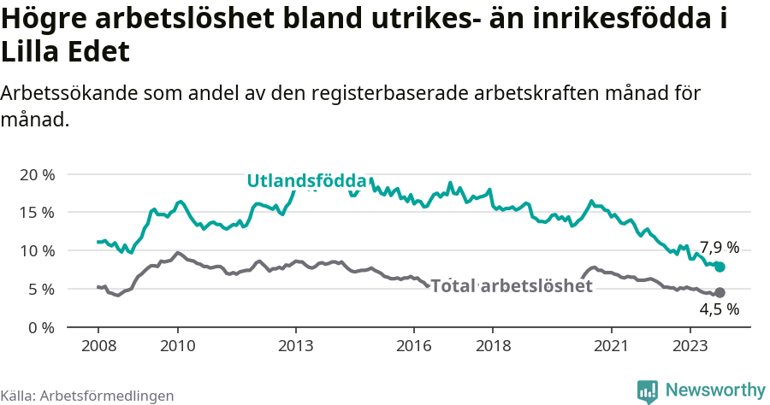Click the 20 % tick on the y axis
[x=37, y=174]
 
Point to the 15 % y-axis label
[x=37, y=213]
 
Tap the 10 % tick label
[x=37, y=251]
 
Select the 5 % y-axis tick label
[x=41, y=290]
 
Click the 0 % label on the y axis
[x=41, y=328]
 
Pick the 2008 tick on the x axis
[x=98, y=346]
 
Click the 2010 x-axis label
[x=177, y=346]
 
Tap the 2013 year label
[x=295, y=346]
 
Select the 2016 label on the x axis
[x=414, y=346]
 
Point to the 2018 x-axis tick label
[x=493, y=346]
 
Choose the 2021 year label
[x=612, y=346]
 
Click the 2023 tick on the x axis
[x=690, y=346]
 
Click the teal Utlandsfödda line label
[x=307, y=181]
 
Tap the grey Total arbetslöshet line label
[x=512, y=286]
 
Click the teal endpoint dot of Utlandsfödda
[x=720, y=267]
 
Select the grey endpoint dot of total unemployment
[x=720, y=293]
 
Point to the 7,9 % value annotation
[x=719, y=248]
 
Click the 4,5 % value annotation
[x=719, y=310]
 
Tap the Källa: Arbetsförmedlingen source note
[x=87, y=396]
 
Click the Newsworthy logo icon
[x=648, y=391]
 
